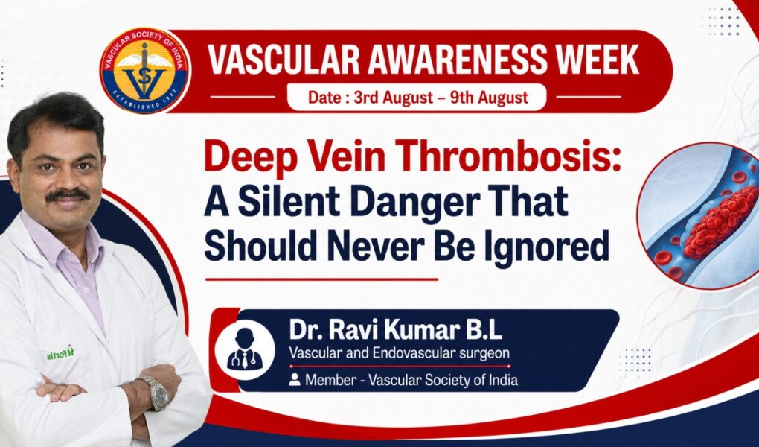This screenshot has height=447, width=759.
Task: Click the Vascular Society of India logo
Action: pyautogui.click(x=145, y=70)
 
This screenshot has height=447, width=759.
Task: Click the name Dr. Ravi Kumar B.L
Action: pyautogui.click(x=395, y=330)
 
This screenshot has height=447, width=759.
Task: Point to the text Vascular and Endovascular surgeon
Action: pyautogui.click(x=400, y=353)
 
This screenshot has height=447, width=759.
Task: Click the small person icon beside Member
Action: pyautogui.click(x=295, y=380)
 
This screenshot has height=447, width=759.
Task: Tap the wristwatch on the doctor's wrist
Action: pyautogui.click(x=155, y=392)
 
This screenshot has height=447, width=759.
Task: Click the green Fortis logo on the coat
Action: pyautogui.click(x=60, y=353)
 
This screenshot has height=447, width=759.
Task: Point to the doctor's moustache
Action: pyautogui.click(x=67, y=195)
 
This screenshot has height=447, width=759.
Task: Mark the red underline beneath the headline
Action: pyautogui.click(x=321, y=279)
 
